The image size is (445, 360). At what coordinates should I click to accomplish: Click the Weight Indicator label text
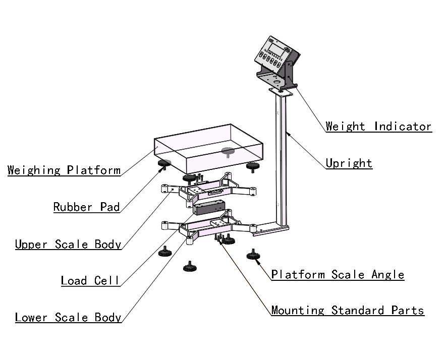click(x=378, y=127)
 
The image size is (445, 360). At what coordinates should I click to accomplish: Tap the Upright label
click(x=349, y=163)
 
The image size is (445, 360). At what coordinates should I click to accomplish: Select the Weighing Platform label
click(x=64, y=170)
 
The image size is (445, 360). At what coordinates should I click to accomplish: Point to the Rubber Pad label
click(x=87, y=207)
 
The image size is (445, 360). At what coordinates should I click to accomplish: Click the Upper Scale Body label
click(x=68, y=245)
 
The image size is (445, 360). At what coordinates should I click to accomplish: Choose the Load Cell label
click(x=90, y=280)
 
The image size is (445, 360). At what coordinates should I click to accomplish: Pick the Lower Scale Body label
click(x=68, y=318)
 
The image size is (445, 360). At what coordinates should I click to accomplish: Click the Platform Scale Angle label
click(x=338, y=275)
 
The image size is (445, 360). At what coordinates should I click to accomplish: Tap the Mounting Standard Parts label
click(x=348, y=310)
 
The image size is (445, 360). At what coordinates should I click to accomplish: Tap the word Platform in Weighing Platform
click(x=94, y=170)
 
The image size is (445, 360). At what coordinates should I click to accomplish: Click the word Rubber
click(x=71, y=207)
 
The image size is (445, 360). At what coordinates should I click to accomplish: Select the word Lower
click(x=32, y=318)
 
